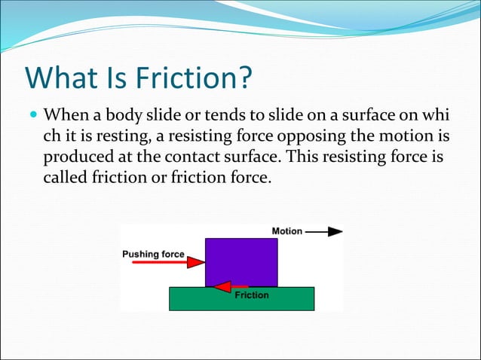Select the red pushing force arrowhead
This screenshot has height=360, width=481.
point(196,262)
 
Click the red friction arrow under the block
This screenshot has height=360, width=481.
point(230,286)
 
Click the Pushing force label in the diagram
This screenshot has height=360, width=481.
point(153,254)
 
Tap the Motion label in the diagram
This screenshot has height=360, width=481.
point(286,231)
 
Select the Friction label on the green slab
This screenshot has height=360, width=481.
point(252,295)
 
